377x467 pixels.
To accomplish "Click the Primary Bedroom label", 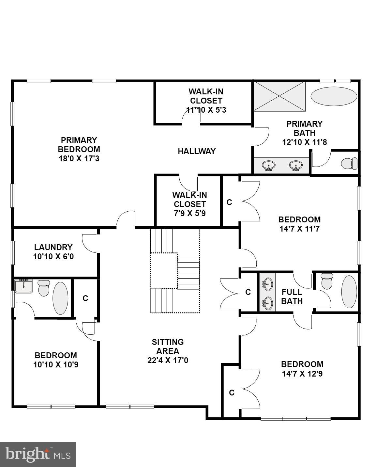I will pos(79,149).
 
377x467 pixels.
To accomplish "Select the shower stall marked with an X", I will pos(279,96).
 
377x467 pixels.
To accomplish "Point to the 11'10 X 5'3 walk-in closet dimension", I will pos(206,110).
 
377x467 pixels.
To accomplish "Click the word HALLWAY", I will pos(197,151).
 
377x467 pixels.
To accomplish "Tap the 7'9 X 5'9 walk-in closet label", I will pos(189,213).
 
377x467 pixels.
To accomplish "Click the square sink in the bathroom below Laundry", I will pos(23,286).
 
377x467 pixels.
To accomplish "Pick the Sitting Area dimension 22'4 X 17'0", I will pos(168,361).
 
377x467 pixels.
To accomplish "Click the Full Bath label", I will pos(292,297).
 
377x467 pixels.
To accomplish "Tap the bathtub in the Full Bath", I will pos(349,292).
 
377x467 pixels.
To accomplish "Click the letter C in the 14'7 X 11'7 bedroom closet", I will pos(229,202).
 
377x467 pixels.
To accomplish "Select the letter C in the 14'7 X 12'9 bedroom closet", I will pos(232,393).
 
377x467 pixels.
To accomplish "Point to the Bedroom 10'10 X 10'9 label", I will pos(56,360).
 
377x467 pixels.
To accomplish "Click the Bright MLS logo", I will pos(38,455).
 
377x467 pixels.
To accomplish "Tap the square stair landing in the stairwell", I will pos(164,271).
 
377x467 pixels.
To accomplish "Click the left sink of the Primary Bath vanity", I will pos(268,166).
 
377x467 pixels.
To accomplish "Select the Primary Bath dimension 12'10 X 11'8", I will pos(304,142).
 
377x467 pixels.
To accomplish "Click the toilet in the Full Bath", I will pos(326,282).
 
